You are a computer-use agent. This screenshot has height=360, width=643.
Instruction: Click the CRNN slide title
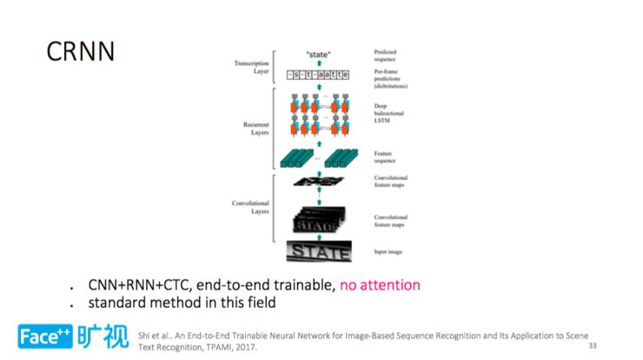click(x=81, y=51)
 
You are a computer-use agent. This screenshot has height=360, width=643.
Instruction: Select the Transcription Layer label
click(x=251, y=67)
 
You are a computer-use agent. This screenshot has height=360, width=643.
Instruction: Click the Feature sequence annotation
click(x=387, y=157)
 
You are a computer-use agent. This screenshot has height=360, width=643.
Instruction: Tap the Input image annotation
click(x=389, y=252)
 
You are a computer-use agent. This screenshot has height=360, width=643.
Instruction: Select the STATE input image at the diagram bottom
click(x=319, y=252)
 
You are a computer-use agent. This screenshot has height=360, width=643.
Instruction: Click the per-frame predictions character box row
click(x=319, y=75)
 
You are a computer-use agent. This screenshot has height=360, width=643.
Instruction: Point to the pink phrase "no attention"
click(x=380, y=284)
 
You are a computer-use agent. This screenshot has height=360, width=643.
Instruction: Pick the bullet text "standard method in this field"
click(x=182, y=303)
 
